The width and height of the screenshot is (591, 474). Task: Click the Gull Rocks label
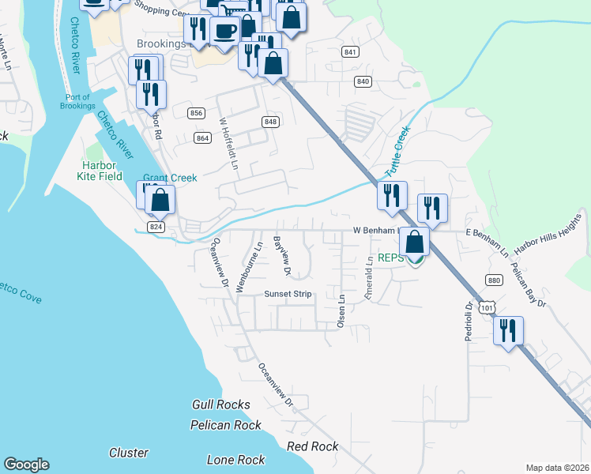coord(221,404)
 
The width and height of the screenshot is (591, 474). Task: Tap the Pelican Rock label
coord(226,425)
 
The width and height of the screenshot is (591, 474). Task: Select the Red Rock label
coord(313,446)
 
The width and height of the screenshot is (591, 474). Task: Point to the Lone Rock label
coord(235,460)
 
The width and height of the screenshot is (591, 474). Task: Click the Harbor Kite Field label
coord(103,171)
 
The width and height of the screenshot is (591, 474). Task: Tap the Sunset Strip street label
coord(288,294)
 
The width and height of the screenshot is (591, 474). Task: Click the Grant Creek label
coord(170,178)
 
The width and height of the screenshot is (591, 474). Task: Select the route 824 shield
coord(156,226)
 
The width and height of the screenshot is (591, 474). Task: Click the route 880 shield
coord(495,280)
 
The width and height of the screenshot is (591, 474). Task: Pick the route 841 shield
coord(351,51)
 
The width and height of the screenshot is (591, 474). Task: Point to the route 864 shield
coord(203,138)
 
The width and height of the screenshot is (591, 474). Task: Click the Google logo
coord(27,465)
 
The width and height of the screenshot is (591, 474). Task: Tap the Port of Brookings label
coord(77,101)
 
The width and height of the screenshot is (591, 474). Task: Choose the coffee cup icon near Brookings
coord(225,30)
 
